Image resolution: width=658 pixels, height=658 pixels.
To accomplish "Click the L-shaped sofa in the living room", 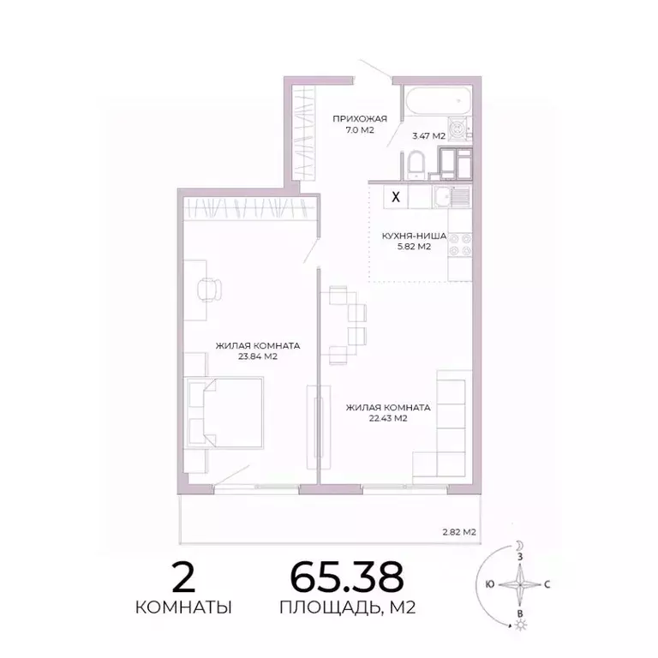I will (x=446, y=428).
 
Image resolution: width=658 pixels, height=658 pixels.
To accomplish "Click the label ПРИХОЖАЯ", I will (x=361, y=119).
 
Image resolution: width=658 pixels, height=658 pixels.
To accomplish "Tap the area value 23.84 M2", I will (x=257, y=356).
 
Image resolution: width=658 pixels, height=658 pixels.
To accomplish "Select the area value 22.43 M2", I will (x=387, y=419).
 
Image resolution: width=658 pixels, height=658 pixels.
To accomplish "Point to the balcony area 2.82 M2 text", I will (x=458, y=532).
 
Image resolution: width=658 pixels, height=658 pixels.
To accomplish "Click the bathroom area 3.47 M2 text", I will (x=428, y=135).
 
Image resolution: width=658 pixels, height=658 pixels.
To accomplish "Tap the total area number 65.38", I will (x=346, y=578).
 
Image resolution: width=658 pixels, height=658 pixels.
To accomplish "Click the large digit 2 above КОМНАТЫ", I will (x=183, y=579).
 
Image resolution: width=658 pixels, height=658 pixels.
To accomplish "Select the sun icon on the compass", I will (x=519, y=626).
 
